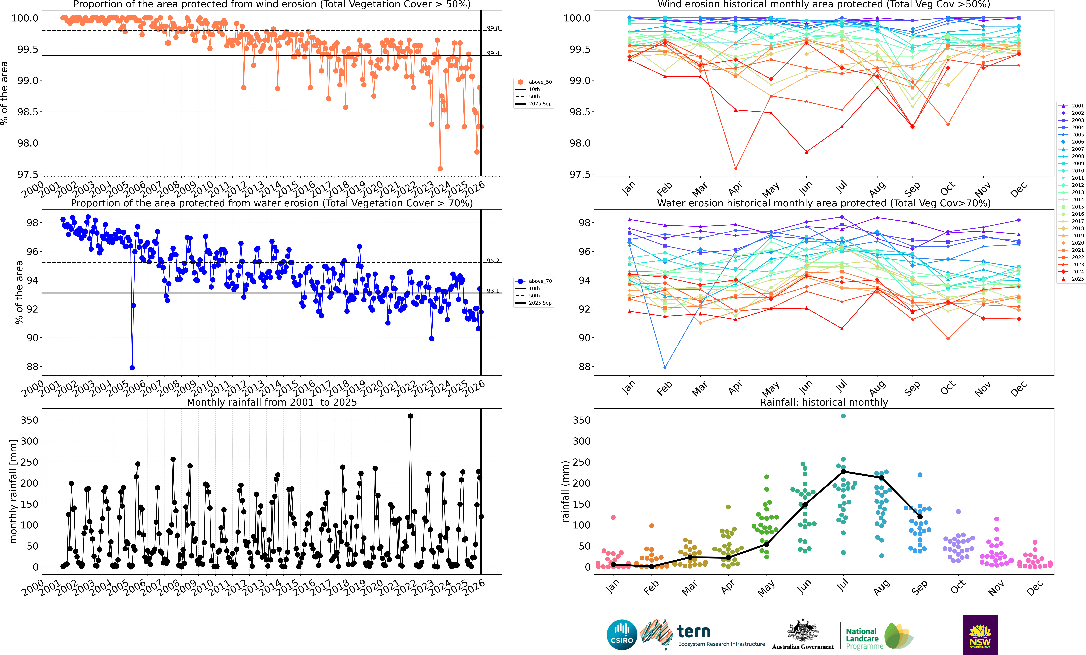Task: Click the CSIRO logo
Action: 622,635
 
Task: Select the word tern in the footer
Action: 694,632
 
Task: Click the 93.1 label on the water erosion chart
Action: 493,291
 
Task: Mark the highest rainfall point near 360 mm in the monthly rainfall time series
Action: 410,416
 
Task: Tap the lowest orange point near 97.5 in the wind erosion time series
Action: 440,169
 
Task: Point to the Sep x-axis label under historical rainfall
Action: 919,588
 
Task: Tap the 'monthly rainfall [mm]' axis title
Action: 13,491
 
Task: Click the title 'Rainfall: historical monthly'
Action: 824,402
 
